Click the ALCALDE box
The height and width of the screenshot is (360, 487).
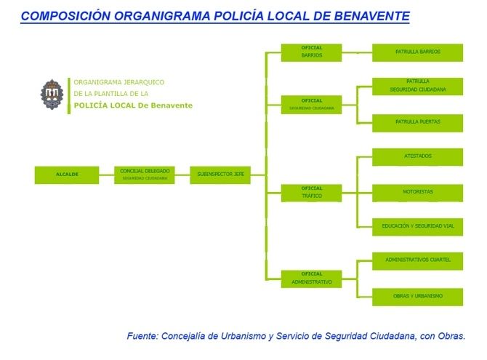pos(67,175)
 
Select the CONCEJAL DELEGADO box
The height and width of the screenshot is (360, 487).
pos(144,175)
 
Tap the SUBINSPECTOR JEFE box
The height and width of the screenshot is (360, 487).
pos(220,175)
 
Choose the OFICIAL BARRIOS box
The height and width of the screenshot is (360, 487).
pos(311,52)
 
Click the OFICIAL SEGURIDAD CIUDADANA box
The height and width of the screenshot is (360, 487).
pos(311,104)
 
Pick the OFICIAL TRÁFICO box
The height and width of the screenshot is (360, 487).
pos(311,193)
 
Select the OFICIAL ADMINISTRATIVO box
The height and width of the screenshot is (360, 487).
pos(311,279)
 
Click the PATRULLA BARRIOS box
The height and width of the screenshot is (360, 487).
pos(417,52)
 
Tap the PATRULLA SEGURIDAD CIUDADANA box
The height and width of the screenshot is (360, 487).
pos(417,86)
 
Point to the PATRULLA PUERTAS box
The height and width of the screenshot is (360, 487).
pos(417,122)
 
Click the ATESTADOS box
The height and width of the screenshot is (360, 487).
pos(417,156)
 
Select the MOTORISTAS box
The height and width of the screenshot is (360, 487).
pos(417,193)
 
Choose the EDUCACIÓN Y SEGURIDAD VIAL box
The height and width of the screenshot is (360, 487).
pos(417,227)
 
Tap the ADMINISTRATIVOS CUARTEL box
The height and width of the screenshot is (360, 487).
pos(417,260)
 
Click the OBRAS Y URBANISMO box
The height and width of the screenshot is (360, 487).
pos(417,296)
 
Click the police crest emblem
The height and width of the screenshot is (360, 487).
pos(51,95)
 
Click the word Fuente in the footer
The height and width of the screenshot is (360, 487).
pos(143,336)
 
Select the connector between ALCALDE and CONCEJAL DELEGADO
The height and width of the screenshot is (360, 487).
pos(106,175)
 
